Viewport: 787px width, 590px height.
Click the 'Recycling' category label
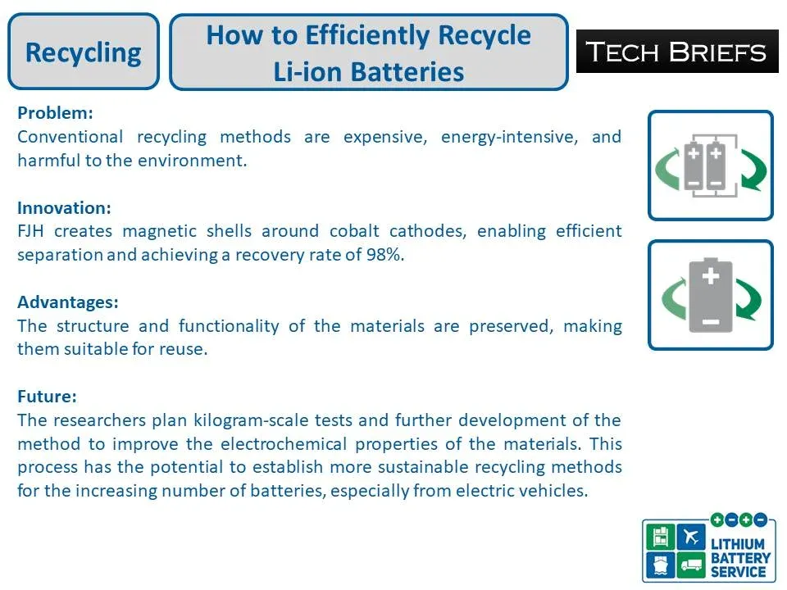click(x=83, y=52)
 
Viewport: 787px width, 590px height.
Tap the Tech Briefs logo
click(x=677, y=52)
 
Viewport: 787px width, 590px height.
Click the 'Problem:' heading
click(x=55, y=112)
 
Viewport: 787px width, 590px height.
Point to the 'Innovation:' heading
click(x=64, y=207)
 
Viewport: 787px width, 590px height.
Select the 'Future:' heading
click(x=47, y=397)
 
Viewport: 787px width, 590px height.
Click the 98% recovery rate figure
click(x=384, y=255)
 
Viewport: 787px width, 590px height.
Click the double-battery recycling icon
click(x=710, y=166)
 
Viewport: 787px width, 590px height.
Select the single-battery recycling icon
click(x=710, y=295)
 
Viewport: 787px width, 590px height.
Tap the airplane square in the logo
click(x=691, y=537)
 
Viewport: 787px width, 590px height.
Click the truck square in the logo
click(x=691, y=564)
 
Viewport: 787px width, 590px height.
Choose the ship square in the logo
click(x=661, y=564)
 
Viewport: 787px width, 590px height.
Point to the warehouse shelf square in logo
click(x=661, y=537)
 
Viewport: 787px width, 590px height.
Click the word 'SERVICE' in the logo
click(x=739, y=571)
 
